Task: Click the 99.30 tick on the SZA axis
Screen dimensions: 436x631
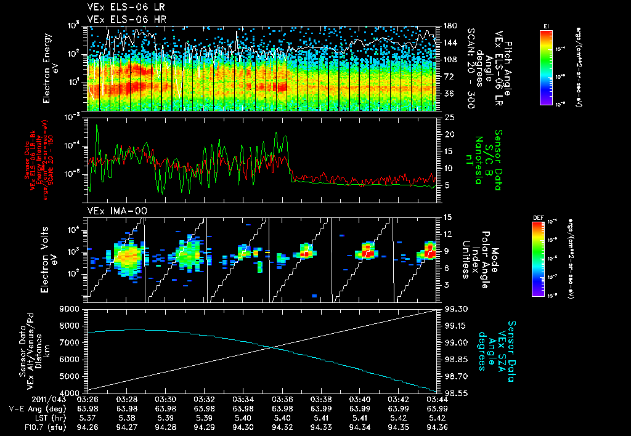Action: [x=452, y=309]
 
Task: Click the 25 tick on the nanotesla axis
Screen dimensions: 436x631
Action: [x=448, y=117]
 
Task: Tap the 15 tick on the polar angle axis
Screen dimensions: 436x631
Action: [x=448, y=217]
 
